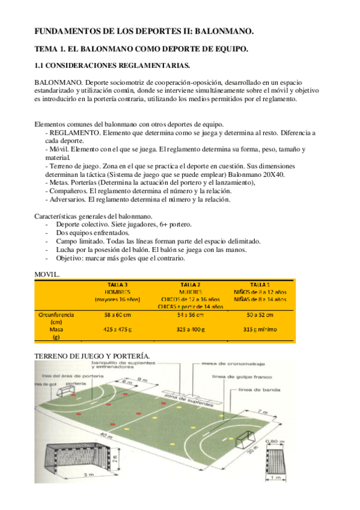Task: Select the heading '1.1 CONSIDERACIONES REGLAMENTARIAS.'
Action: click(112, 65)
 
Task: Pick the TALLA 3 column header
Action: click(117, 284)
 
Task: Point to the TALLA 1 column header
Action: click(259, 284)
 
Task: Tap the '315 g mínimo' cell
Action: click(260, 330)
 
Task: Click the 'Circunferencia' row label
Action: click(58, 315)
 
